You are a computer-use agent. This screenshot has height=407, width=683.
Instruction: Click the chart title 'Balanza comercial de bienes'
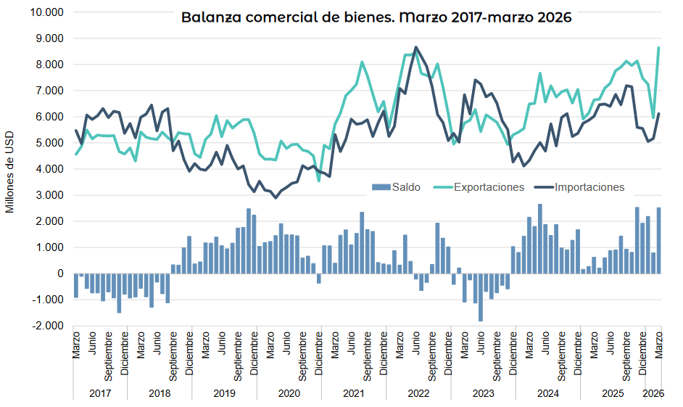pos(376,17)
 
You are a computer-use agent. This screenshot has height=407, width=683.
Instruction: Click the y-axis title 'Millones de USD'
pos(10,170)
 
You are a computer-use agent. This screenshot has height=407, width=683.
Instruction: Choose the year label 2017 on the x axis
pos(100,392)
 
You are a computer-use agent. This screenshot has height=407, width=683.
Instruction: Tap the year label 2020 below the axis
pos(289,392)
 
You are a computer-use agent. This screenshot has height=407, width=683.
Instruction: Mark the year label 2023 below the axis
pos(483,392)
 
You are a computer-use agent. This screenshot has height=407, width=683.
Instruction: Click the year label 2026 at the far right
pos(653,392)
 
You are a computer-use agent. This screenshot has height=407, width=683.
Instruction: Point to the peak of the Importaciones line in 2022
pos(415,48)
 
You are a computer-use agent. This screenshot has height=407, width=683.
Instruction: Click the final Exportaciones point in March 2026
pos(658,48)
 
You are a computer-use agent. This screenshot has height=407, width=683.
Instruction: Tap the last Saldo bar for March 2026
pos(658,241)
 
